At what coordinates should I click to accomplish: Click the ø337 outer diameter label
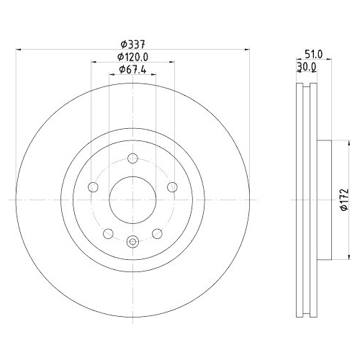point(133,45)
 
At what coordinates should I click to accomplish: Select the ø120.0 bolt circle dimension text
point(132,57)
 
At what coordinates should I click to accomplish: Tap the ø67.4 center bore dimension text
point(132,70)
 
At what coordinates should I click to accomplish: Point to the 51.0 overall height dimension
point(314,54)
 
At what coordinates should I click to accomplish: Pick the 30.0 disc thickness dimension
point(307,67)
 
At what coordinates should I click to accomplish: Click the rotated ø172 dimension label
point(344,199)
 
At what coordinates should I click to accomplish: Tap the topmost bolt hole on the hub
point(132,158)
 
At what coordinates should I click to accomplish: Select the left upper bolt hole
point(93,187)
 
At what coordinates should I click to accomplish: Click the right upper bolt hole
point(172,187)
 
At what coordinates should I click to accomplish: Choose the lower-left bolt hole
point(108,233)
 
